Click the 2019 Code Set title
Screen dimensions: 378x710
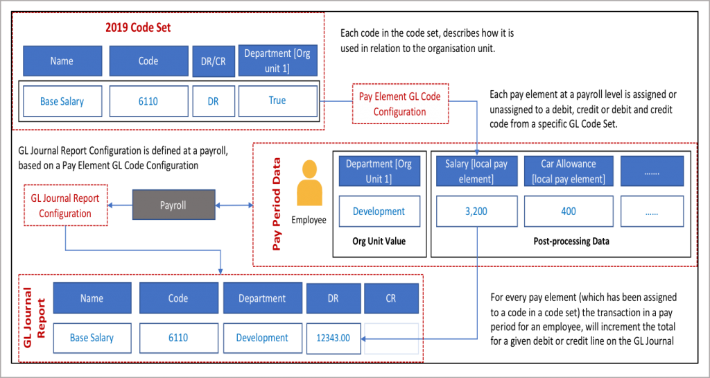[137, 28]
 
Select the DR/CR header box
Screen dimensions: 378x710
[213, 61]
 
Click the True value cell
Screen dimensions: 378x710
[277, 101]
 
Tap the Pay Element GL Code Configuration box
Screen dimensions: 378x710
[399, 104]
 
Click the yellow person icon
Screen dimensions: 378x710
[310, 185]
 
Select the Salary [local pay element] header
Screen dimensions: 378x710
[476, 171]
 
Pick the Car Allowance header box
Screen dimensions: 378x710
[568, 171]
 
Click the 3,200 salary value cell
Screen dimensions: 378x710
[476, 212]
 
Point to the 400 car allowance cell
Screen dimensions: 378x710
[568, 212]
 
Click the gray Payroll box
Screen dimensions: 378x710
[173, 205]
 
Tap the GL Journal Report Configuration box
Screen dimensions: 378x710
[65, 205]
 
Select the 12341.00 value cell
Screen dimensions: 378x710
[334, 338]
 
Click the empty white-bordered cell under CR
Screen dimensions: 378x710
[391, 338]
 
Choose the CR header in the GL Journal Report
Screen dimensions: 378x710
[391, 298]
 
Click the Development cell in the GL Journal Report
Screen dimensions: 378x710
[262, 338]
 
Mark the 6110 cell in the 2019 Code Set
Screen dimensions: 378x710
[148, 101]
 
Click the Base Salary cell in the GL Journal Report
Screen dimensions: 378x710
[92, 338]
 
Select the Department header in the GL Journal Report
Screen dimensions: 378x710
[262, 298]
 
